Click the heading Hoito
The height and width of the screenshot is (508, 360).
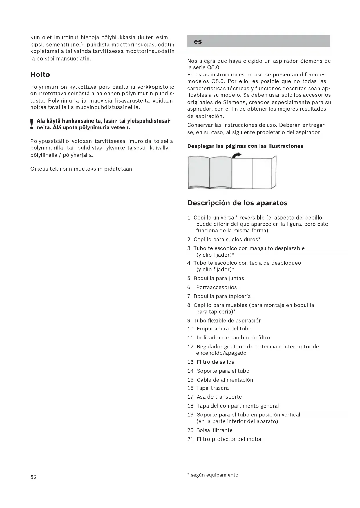pyautogui.click(x=40, y=75)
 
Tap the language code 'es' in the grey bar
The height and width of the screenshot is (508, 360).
pyautogui.click(x=198, y=42)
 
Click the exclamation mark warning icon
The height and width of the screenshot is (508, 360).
pyautogui.click(x=32, y=124)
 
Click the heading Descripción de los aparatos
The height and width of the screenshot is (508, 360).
pyautogui.click(x=237, y=203)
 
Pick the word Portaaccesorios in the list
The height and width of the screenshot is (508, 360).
pyautogui.click(x=216, y=287)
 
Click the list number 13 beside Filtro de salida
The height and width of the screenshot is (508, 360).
pyautogui.click(x=190, y=362)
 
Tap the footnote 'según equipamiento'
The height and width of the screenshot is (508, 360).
pyautogui.click(x=214, y=475)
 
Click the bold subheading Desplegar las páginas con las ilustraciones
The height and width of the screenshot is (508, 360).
pyautogui.click(x=245, y=146)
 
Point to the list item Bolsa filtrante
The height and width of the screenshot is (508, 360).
pyautogui.click(x=214, y=430)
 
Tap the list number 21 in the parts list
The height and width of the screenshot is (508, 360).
pyautogui.click(x=190, y=439)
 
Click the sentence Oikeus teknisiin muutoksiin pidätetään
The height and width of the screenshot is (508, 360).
pyautogui.click(x=82, y=169)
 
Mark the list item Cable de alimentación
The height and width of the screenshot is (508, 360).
pyautogui.click(x=225, y=380)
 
